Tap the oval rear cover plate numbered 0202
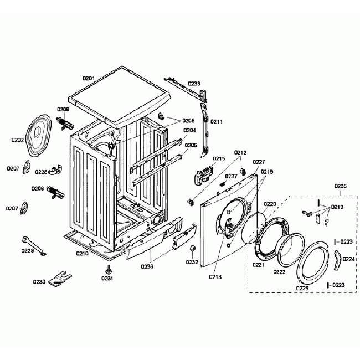click(x=40, y=135)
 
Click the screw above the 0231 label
click(x=107, y=270)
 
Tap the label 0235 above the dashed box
click(x=341, y=187)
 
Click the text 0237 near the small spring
click(x=231, y=176)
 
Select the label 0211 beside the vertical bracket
click(x=217, y=122)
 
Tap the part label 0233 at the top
click(x=194, y=84)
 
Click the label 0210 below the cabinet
click(x=82, y=254)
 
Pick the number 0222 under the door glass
click(x=279, y=272)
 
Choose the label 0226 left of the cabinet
click(x=41, y=172)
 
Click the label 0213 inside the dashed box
click(x=337, y=207)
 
